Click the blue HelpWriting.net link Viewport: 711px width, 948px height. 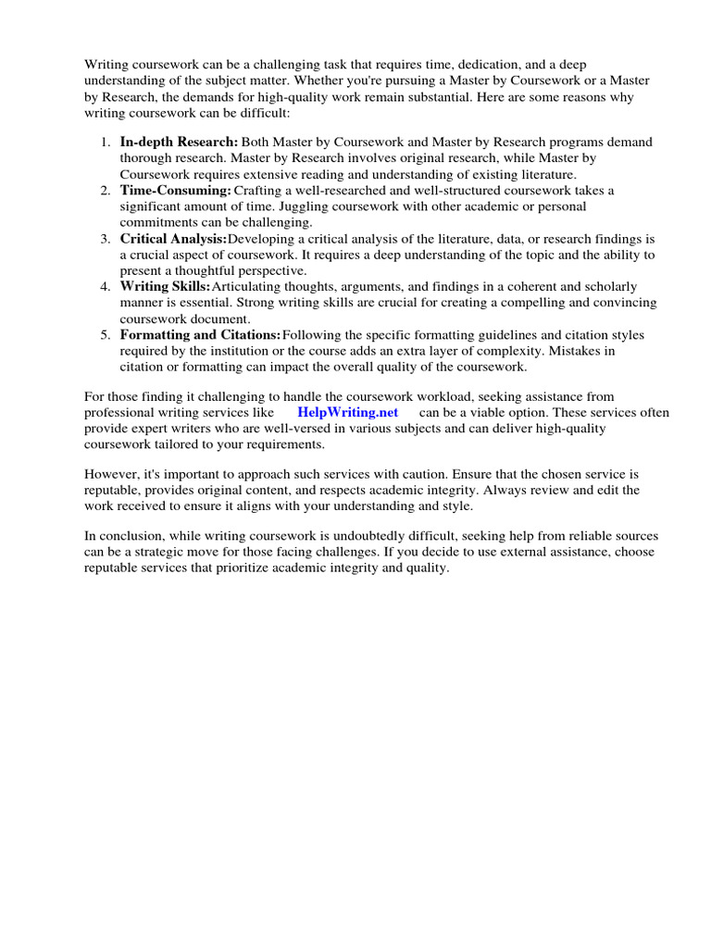[x=348, y=412]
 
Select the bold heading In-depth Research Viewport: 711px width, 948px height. [x=179, y=142]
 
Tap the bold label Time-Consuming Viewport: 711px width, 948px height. [x=175, y=190]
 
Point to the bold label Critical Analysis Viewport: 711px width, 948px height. [x=173, y=238]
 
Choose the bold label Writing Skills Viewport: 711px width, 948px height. [x=165, y=286]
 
